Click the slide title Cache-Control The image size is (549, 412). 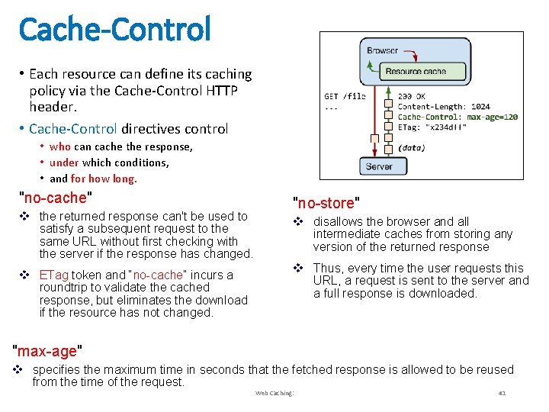[x=114, y=30]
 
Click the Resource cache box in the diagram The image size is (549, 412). [x=415, y=72]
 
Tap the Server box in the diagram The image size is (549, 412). [x=378, y=166]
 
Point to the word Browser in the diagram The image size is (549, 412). [x=382, y=50]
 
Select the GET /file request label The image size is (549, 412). [x=345, y=97]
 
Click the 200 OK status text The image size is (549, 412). [x=412, y=97]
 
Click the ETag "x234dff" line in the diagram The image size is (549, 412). [x=432, y=127]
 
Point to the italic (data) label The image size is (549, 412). [x=412, y=147]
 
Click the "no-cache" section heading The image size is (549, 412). [x=55, y=198]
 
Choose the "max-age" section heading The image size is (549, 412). [x=48, y=352]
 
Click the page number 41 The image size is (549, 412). [x=502, y=393]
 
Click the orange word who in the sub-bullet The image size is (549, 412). [x=59, y=146]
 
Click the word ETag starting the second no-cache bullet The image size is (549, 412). [x=54, y=275]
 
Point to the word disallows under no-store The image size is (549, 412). [x=339, y=221]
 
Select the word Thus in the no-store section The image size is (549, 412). [x=326, y=268]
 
